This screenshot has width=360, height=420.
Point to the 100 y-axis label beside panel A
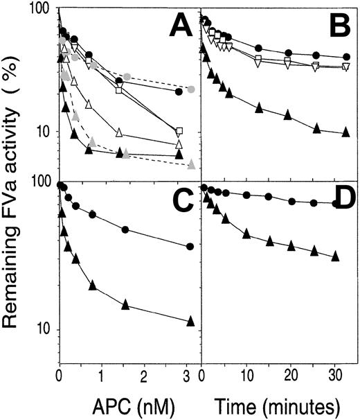pos(40,10)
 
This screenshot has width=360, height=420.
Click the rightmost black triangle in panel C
pos(191,321)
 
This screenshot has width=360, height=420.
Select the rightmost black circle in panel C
pos(191,247)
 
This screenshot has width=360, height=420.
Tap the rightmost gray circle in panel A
pos(191,89)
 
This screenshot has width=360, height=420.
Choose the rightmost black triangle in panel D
pos(335,256)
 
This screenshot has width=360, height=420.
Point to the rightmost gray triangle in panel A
pos(191,164)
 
